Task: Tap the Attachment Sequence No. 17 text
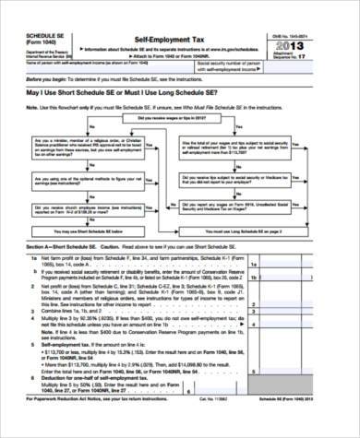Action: tap(319, 57)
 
